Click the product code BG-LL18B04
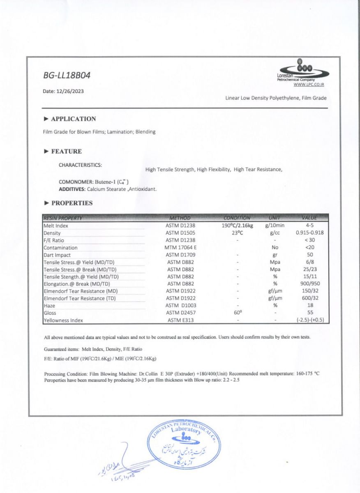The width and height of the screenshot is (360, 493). [67, 76]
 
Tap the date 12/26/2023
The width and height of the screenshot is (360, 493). [63, 91]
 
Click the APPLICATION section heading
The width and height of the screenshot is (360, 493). [73, 119]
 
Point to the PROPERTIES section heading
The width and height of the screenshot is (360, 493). [72, 203]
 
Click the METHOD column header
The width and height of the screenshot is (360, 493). [180, 218]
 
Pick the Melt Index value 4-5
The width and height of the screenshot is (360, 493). [310, 226]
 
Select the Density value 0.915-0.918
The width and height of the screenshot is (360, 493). [310, 233]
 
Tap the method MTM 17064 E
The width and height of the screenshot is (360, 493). [180, 248]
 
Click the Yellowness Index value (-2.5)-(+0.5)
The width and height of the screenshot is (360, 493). [310, 320]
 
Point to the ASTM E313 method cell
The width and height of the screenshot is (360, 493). [180, 320]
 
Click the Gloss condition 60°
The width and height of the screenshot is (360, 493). [238, 313]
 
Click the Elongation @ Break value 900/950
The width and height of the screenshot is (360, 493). [310, 284]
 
